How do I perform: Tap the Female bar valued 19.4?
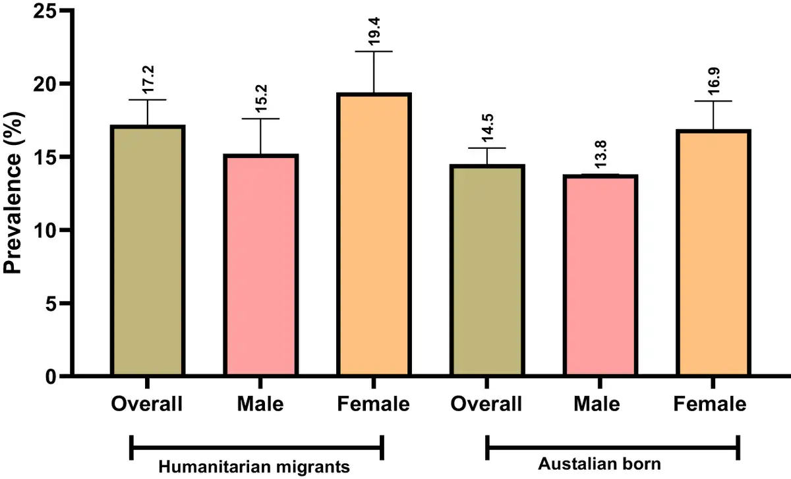coord(374,235)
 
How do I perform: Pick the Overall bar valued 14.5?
coord(487,270)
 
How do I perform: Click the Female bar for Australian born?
coord(714,253)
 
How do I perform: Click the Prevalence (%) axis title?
coord(15,194)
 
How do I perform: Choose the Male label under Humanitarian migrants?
coord(260,403)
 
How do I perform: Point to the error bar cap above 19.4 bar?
coord(374,51)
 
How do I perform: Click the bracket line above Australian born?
coord(612,448)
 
